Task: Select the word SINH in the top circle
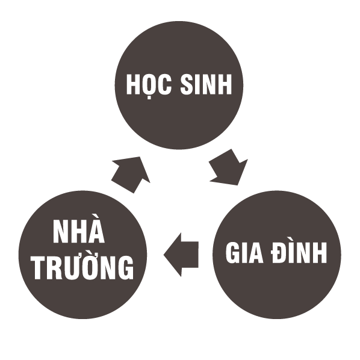(x=206, y=84)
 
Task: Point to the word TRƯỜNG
(x=83, y=265)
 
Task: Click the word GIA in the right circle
(x=244, y=252)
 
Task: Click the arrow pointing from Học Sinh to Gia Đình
(x=228, y=167)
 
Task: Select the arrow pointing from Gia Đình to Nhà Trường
(x=181, y=255)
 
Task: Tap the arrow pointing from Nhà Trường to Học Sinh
(x=131, y=175)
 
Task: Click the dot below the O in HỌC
(x=149, y=98)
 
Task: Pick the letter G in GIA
(x=234, y=252)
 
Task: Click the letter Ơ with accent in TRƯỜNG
(x=93, y=265)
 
